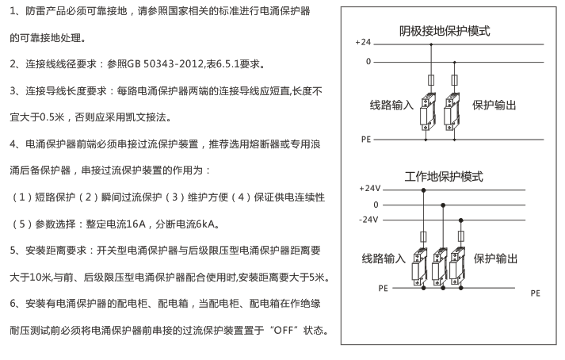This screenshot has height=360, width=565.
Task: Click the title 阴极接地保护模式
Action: pos(445,31)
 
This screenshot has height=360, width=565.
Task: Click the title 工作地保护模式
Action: pos(444,177)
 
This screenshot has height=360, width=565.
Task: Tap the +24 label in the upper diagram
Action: pos(363,42)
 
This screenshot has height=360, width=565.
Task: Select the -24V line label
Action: pos(368,220)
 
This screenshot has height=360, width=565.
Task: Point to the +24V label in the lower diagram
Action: pos(370,188)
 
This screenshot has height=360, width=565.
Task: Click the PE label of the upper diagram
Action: pos(366,140)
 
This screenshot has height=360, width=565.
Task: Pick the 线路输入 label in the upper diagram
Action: pos(391,105)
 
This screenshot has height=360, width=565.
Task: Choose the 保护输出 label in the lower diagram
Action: pos(495,259)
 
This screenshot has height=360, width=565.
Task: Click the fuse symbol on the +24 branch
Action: pos(431,80)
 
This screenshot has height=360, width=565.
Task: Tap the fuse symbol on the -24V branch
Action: pos(461,236)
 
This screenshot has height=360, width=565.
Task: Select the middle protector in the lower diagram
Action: pos(439,266)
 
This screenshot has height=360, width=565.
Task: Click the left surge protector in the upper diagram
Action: pos(427,112)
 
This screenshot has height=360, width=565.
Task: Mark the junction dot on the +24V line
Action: pos(424,190)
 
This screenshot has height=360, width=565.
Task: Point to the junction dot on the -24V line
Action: pos(461,220)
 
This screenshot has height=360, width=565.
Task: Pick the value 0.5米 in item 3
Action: pos(52,117)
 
